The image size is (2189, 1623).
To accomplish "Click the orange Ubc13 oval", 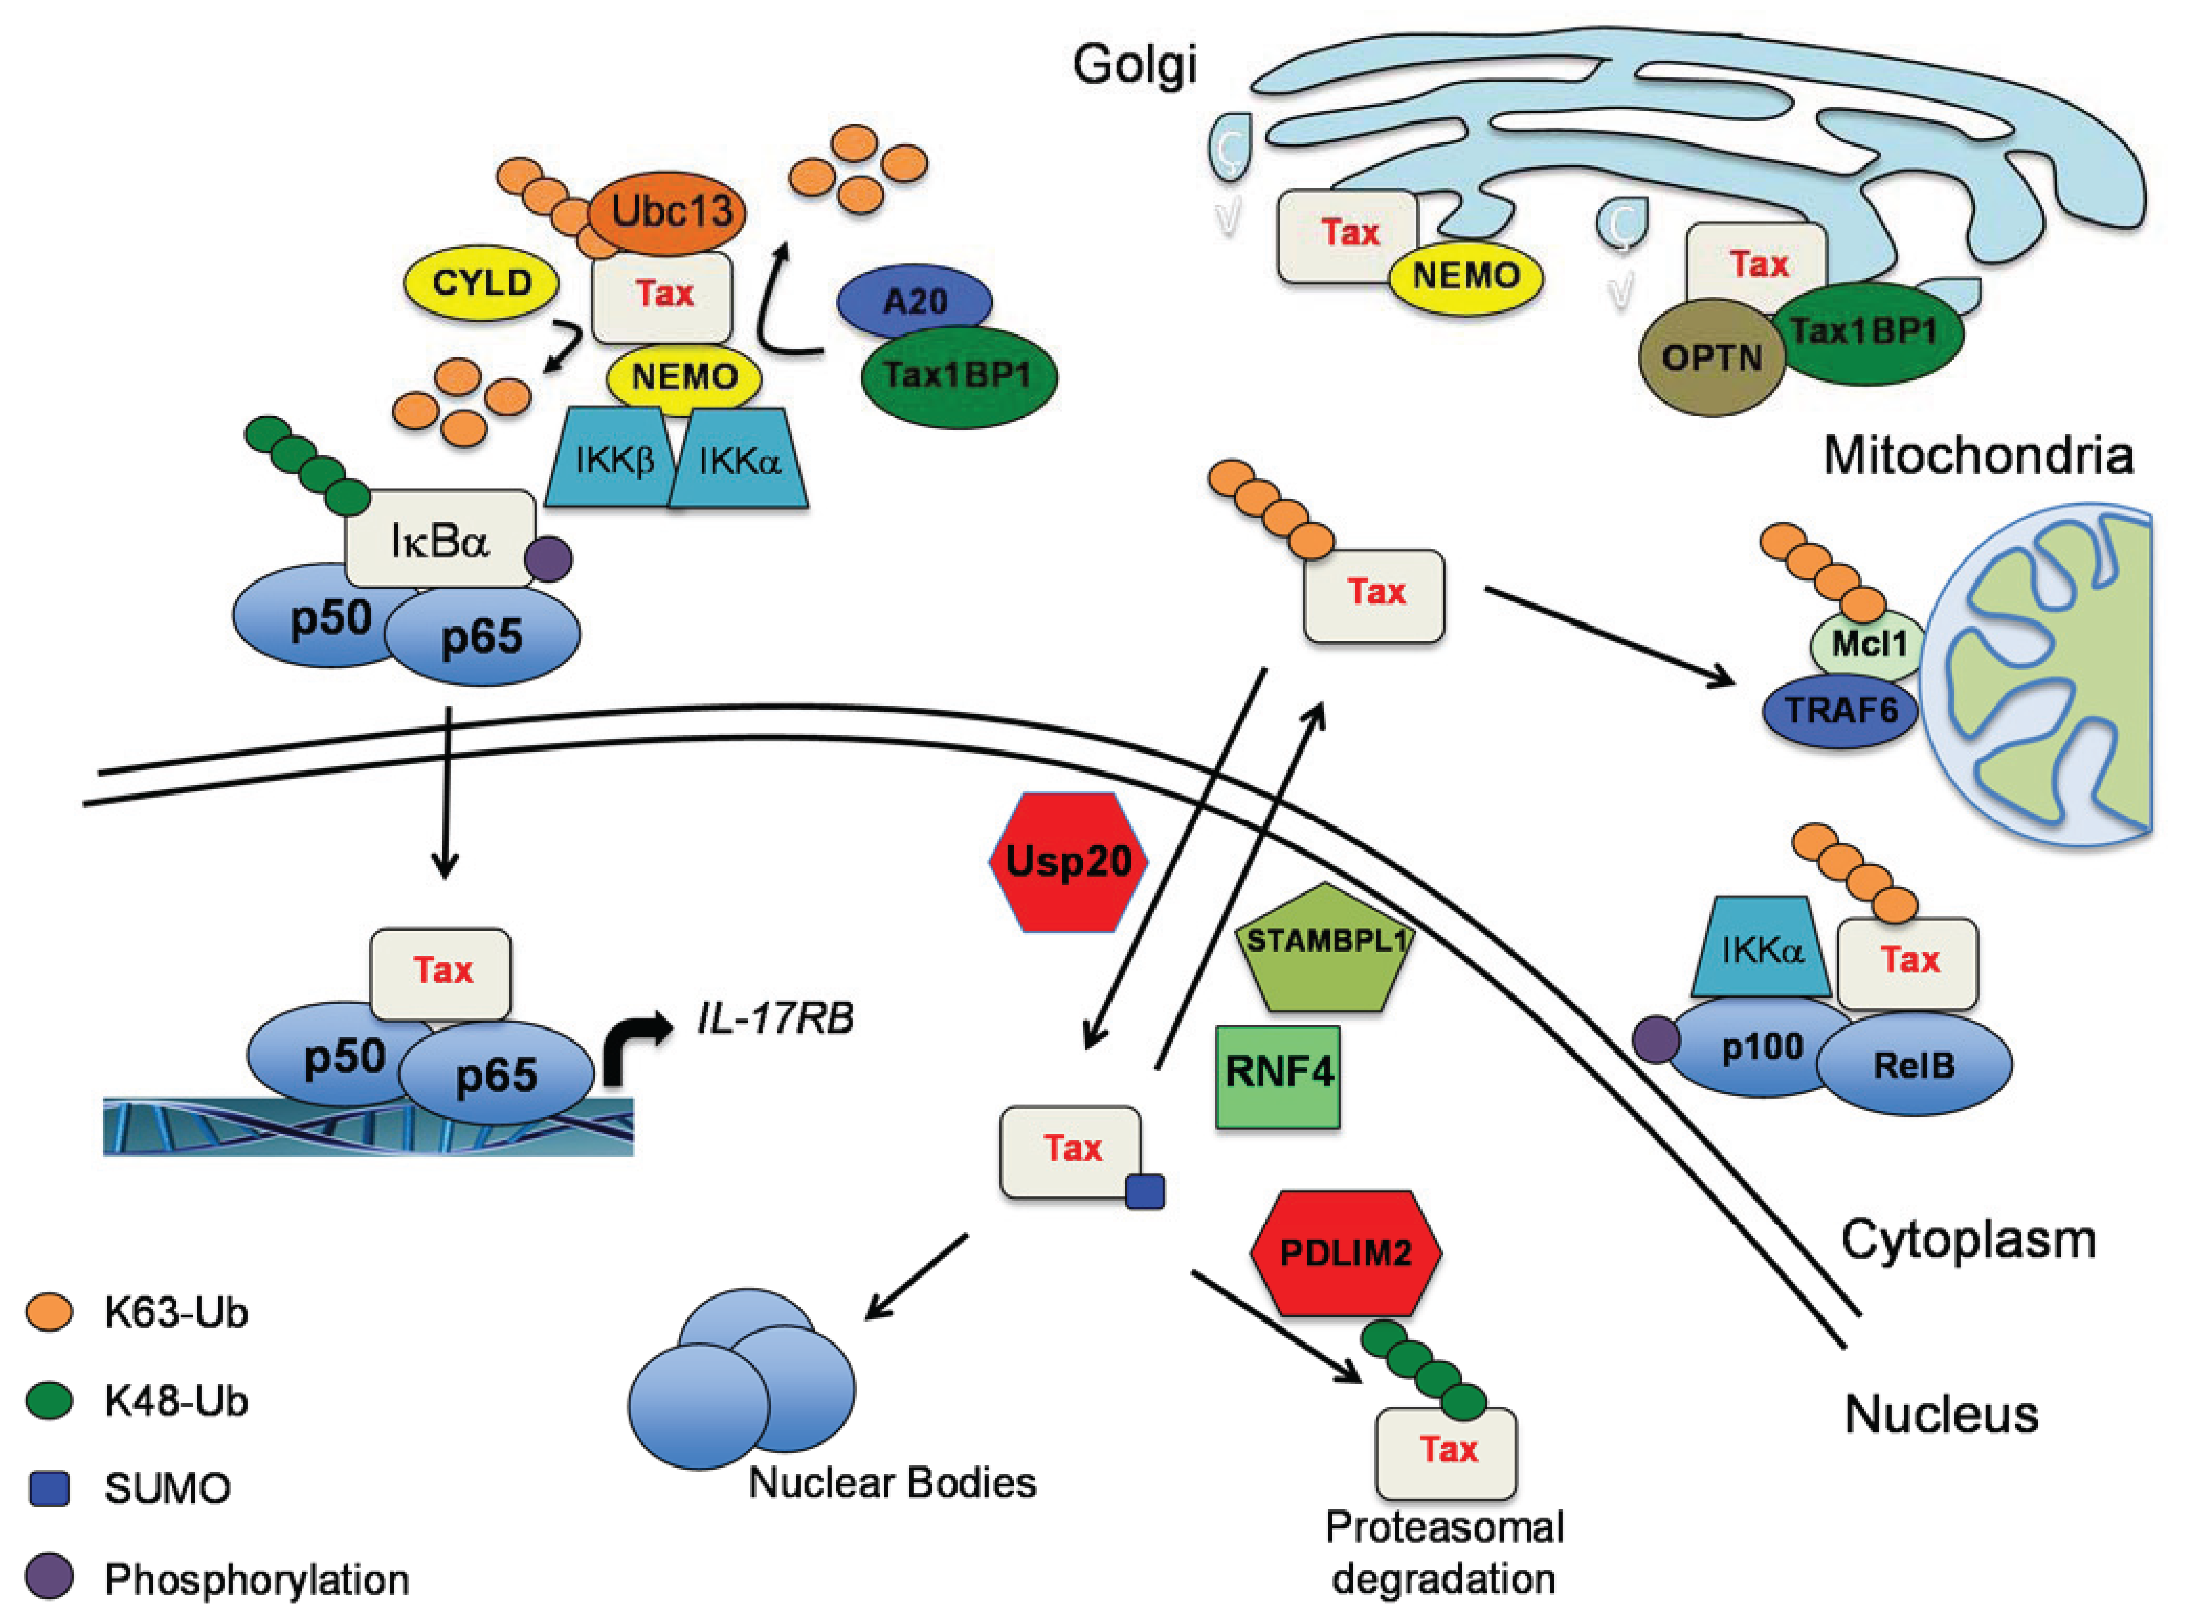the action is (x=667, y=211).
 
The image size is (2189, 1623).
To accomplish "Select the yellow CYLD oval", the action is (x=482, y=283).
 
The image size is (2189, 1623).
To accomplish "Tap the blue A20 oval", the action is (x=915, y=300).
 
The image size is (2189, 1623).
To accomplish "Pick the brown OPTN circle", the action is (x=1712, y=356).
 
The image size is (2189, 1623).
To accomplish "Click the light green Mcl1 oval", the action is (x=1866, y=644).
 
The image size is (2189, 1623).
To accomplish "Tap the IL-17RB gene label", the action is (x=775, y=1019).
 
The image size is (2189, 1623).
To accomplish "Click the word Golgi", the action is (x=1135, y=66).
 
